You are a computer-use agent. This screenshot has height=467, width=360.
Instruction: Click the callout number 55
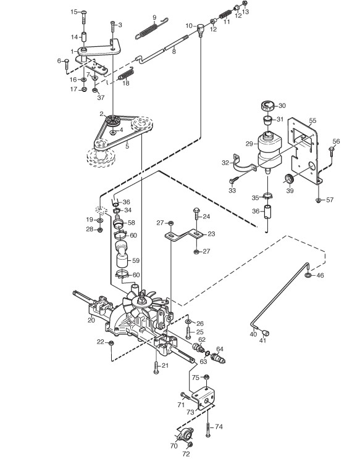pyautogui.click(x=312, y=121)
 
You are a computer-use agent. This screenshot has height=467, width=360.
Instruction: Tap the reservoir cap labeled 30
pyautogui.click(x=267, y=105)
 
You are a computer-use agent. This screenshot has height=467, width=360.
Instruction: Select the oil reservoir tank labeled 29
pyautogui.click(x=269, y=150)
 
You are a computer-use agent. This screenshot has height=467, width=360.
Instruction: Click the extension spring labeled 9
pyautogui.click(x=151, y=28)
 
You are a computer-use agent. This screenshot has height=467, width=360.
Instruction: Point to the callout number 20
pyautogui.click(x=91, y=320)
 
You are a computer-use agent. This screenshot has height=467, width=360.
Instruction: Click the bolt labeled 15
pyautogui.click(x=83, y=17)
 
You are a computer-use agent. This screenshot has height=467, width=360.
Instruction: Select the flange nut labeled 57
pyautogui.click(x=318, y=200)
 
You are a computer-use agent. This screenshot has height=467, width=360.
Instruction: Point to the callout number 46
pyautogui.click(x=320, y=275)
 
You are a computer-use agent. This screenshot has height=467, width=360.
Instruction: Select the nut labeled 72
pyautogui.click(x=190, y=445)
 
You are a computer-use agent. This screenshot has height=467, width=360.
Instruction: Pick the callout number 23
pyautogui.click(x=211, y=234)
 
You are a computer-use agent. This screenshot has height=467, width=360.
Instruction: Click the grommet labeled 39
pyautogui.click(x=288, y=180)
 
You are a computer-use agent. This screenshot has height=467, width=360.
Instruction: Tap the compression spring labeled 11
pyautogui.click(x=225, y=15)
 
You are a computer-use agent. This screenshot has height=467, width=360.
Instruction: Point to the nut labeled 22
pyautogui.click(x=111, y=343)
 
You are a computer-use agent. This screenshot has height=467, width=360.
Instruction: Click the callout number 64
pyautogui.click(x=220, y=349)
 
